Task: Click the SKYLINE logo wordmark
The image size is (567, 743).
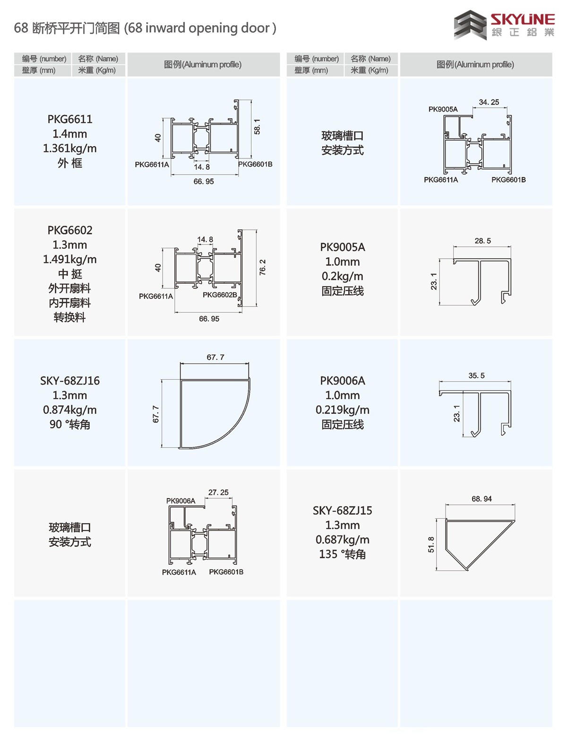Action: (522, 19)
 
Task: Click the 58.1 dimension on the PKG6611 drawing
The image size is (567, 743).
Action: (258, 127)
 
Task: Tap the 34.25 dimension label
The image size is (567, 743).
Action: (489, 102)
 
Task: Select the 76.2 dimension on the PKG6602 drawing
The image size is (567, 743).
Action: (263, 267)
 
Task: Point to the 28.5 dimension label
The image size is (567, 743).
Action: (482, 241)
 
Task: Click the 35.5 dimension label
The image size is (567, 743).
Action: (476, 376)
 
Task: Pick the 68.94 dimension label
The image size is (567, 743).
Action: (481, 499)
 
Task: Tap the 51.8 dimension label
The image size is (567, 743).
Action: (431, 544)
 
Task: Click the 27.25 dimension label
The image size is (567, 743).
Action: (218, 492)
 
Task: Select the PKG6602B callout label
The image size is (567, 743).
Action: (220, 295)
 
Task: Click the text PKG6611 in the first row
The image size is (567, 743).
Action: (70, 119)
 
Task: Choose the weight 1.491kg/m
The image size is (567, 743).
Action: (70, 259)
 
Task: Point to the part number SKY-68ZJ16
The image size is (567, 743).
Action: (70, 381)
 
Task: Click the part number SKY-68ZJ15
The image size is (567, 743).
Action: (343, 511)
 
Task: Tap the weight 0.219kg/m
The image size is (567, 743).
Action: (343, 410)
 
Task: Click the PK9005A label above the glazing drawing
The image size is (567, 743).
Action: (443, 109)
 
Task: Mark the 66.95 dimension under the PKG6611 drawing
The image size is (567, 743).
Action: (204, 182)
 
